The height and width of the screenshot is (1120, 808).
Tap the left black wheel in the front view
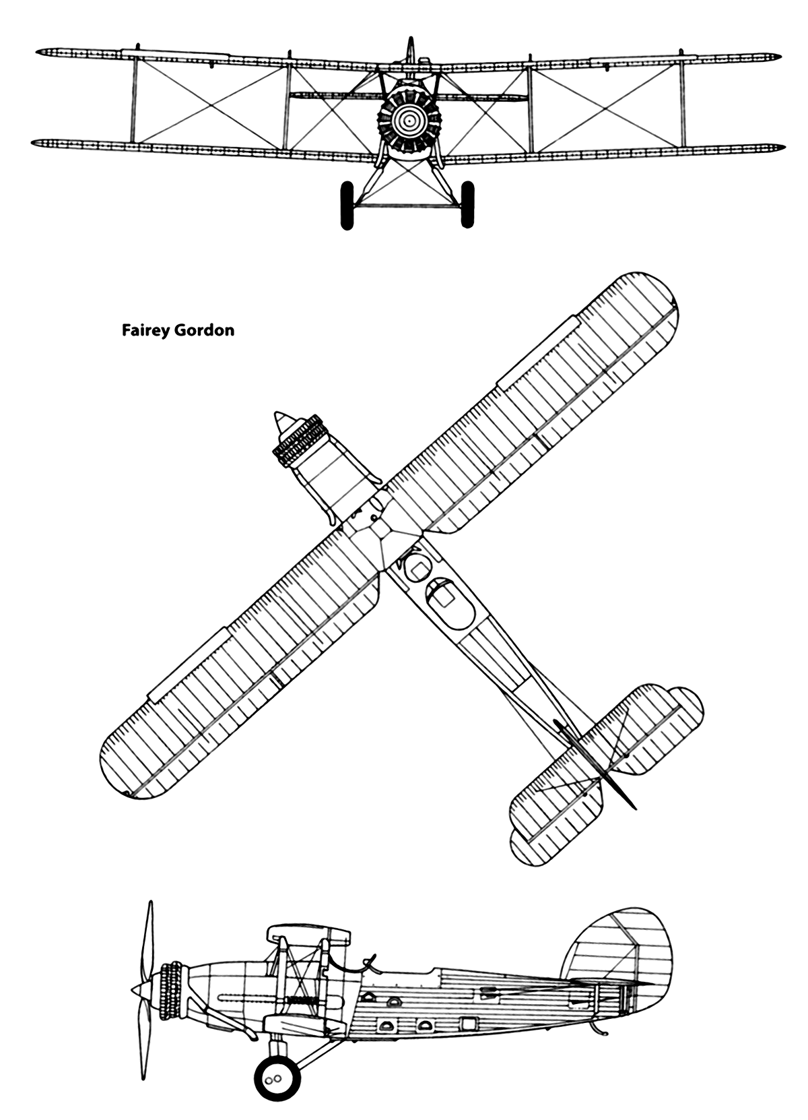click(x=347, y=205)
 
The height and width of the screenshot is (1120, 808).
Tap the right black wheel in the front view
click(x=468, y=205)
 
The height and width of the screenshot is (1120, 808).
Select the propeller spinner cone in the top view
click(x=282, y=423)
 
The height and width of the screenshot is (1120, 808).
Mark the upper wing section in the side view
click(x=309, y=935)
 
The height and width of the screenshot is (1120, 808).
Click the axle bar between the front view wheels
click(x=407, y=204)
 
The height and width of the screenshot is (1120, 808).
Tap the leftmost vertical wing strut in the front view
click(x=134, y=98)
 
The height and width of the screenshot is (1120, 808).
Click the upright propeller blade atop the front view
click(x=411, y=49)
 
